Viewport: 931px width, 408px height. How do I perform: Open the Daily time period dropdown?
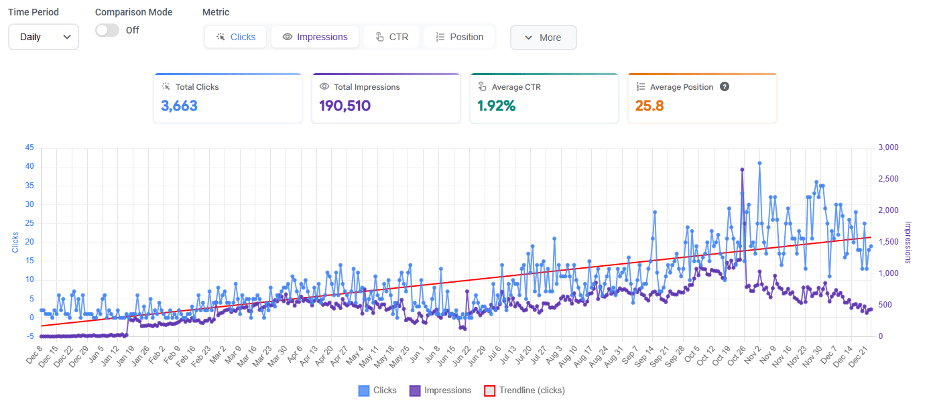point(44,37)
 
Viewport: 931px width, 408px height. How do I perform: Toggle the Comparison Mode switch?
point(107,30)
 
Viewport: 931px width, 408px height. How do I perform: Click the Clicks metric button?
point(235,37)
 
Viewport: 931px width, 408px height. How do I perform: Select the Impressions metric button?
point(315,37)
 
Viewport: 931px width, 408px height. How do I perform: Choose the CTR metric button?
point(391,37)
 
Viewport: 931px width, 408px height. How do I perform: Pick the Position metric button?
point(459,37)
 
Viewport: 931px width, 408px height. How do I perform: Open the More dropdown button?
point(543,38)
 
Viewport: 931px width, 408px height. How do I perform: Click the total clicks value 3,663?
point(179,105)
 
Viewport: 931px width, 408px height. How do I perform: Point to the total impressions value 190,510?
point(345,105)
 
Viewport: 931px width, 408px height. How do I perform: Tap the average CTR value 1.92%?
point(496,105)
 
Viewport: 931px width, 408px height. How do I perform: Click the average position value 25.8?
point(649,105)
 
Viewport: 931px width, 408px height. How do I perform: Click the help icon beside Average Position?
point(725,87)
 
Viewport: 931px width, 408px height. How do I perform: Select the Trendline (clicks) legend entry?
point(525,391)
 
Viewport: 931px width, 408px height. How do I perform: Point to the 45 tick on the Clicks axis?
point(29,147)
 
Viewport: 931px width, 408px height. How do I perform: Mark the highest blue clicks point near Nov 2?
point(759,163)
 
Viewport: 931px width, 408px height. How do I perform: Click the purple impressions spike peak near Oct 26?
point(742,169)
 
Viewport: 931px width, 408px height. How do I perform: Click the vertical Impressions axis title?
point(908,242)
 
